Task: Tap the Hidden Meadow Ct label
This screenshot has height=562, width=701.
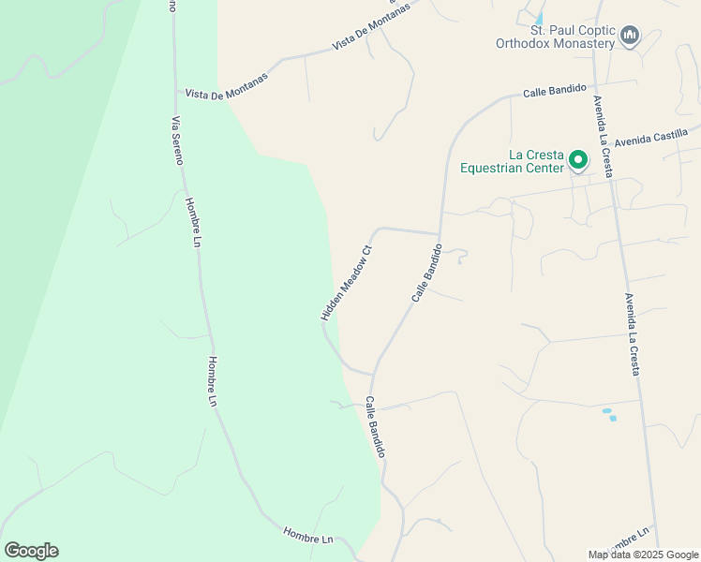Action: coord(347,283)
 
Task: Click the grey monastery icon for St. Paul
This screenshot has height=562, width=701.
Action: coord(630,37)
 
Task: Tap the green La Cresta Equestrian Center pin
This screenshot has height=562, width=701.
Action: coord(578,161)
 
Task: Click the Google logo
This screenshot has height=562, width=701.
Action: coord(31,551)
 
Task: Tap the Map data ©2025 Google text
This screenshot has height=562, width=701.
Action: coord(644,555)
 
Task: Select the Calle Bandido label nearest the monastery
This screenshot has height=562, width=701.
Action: coord(554,91)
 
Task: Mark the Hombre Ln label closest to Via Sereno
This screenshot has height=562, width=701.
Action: coord(193,223)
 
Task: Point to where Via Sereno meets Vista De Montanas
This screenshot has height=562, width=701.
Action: coord(177,92)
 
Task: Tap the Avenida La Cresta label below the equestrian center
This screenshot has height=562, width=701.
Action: coord(633,334)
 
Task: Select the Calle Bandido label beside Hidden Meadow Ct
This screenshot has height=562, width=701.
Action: coord(425,274)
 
